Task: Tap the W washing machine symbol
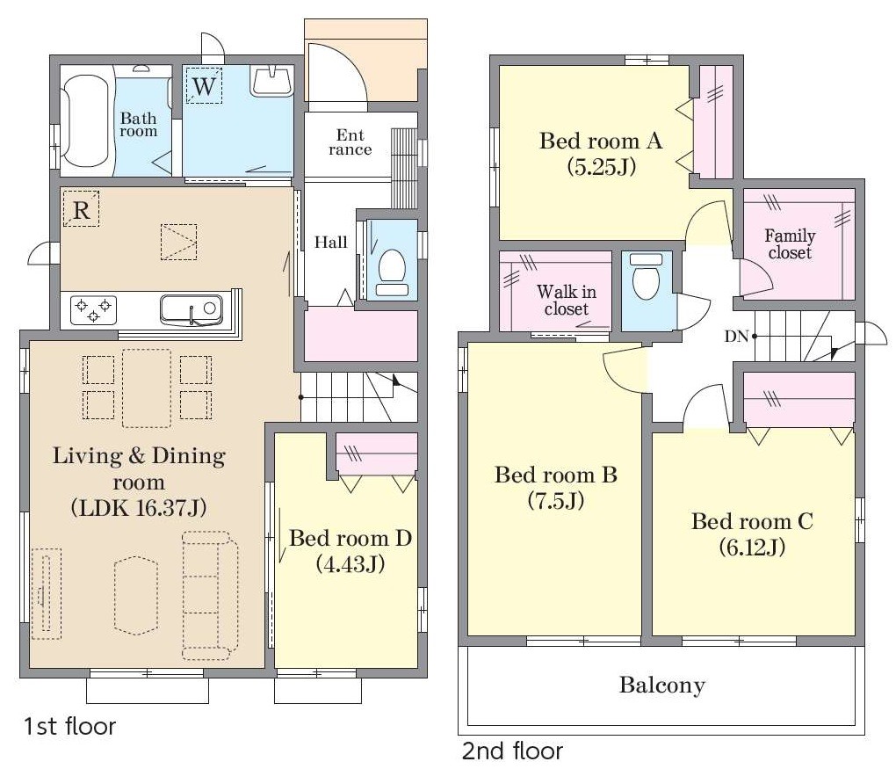[x=204, y=86]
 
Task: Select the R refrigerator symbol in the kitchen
[x=81, y=208]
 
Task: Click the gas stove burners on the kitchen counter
[x=94, y=310]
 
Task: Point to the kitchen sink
[x=191, y=309]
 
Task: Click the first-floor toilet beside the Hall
[x=392, y=272]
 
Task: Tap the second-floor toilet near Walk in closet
[x=647, y=276]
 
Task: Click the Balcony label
[x=661, y=685]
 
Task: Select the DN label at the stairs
[x=737, y=337]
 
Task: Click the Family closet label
[x=790, y=244]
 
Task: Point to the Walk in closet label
[x=567, y=301]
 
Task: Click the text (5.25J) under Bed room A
[x=601, y=167]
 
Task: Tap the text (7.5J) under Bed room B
[x=555, y=501]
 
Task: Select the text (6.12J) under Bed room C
[x=752, y=548]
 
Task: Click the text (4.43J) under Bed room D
[x=350, y=564]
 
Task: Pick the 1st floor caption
[x=69, y=726]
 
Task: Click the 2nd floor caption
[x=513, y=751]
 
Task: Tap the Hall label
[x=331, y=243]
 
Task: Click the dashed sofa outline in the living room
[x=210, y=596]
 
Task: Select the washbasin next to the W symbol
[x=271, y=82]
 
